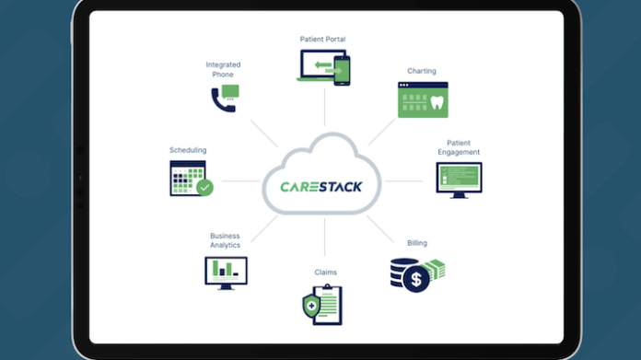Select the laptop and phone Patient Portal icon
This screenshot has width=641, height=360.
324,69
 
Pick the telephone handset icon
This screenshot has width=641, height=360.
221,99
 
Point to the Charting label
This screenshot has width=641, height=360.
422,70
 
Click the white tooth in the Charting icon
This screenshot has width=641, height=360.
437,103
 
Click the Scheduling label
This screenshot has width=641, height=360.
188,149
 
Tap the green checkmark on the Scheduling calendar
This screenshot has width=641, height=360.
204,187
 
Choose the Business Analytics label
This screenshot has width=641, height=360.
225,240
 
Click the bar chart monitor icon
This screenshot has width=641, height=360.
224,272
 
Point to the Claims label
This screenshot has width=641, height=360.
325,273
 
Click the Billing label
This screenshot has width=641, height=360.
417,243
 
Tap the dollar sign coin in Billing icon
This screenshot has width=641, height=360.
416,277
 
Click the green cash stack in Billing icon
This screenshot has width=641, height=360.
435,269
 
